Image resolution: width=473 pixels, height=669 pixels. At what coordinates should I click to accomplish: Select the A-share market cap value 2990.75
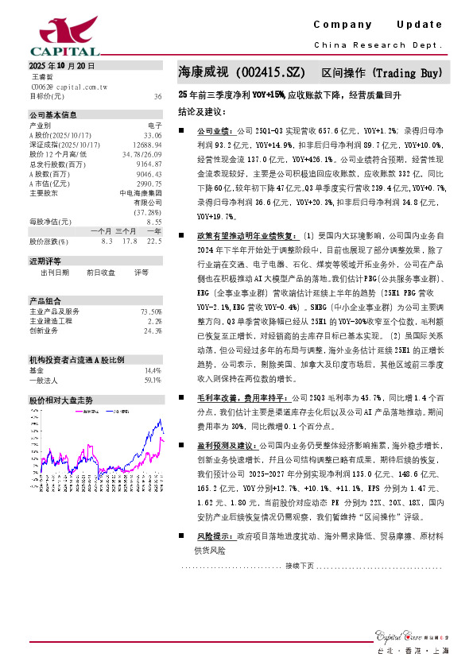point(149,183)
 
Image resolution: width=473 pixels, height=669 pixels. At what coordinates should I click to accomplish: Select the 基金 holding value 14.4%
point(153,348)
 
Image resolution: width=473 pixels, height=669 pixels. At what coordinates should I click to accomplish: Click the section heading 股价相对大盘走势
point(61,378)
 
